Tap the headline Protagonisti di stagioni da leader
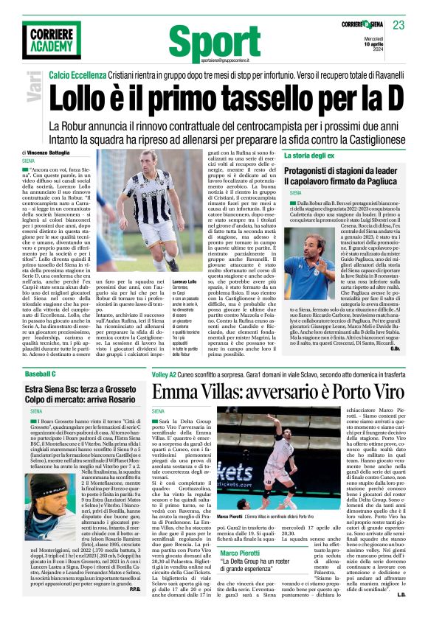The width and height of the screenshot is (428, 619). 342,171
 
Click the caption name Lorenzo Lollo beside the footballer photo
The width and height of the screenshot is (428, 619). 184,281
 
